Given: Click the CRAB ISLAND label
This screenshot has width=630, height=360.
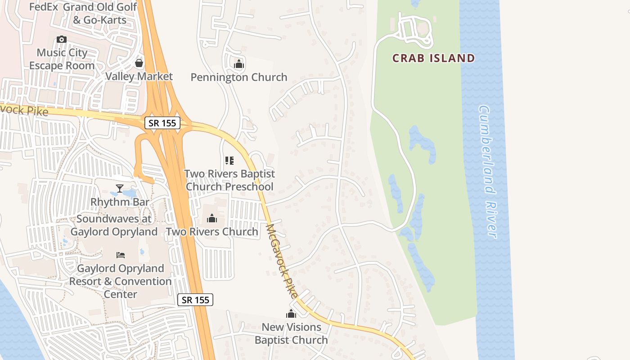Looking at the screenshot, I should [433, 58].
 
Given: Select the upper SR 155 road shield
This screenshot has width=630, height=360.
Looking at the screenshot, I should [162, 123].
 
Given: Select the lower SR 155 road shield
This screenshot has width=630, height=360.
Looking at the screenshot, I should [195, 300].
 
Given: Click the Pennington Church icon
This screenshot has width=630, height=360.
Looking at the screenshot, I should [239, 64].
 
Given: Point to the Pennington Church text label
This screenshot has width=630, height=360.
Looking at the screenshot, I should [239, 77].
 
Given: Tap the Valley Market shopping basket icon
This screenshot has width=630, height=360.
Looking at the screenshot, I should [139, 63].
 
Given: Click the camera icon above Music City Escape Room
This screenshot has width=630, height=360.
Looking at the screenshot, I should [62, 39].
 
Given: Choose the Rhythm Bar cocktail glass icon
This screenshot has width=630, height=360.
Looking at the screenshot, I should [120, 189].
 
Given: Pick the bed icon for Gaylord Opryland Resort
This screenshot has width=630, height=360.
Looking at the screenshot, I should [121, 255].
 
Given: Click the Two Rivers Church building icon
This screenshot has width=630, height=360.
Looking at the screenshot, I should [212, 219].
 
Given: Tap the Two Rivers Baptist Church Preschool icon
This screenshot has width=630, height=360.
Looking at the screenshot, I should [229, 161].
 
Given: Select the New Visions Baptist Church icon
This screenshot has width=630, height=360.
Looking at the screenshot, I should [291, 314].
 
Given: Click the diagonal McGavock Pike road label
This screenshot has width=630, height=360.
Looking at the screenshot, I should [282, 261].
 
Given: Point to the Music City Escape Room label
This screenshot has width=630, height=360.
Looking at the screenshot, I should [62, 59].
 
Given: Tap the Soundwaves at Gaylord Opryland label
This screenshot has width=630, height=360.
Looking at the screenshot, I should [114, 225].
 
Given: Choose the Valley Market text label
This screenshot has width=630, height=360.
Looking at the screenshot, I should [139, 76].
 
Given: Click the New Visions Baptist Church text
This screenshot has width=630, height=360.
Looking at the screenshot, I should [291, 333].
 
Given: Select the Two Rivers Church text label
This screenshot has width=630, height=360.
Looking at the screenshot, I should [212, 232].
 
